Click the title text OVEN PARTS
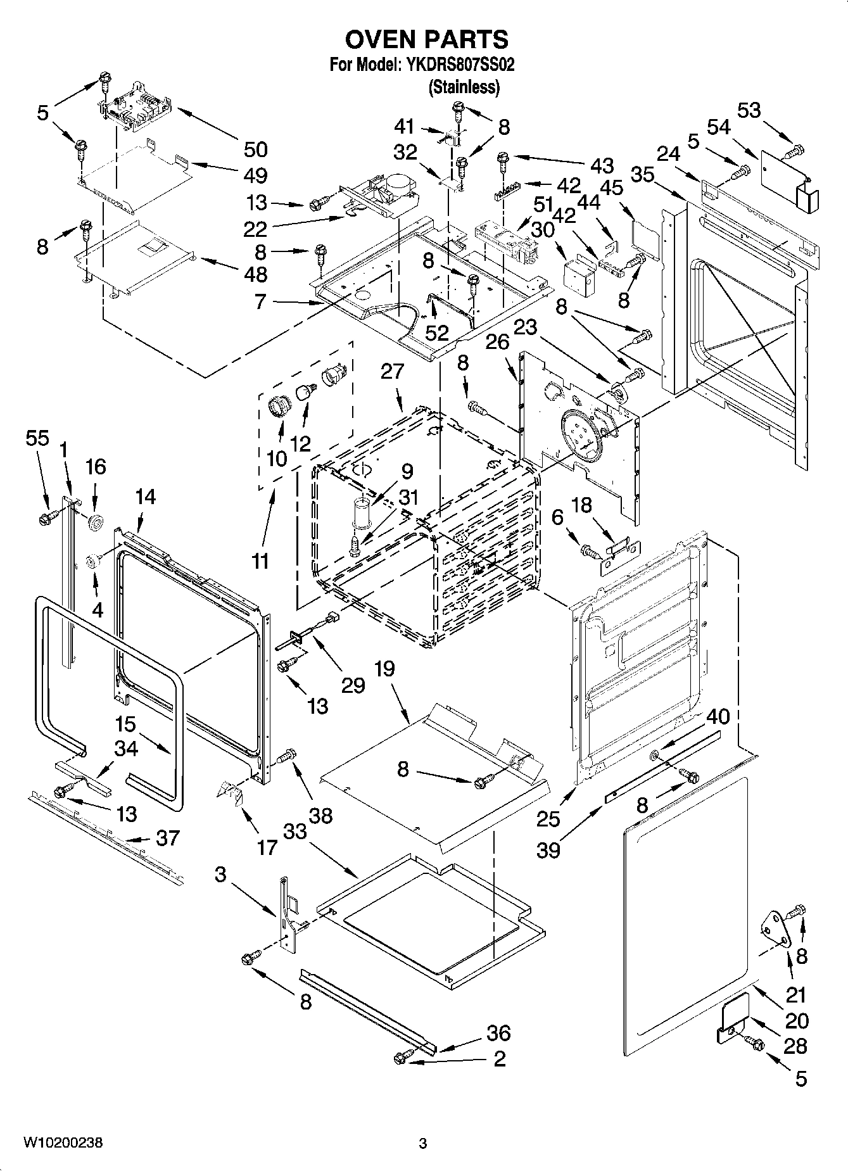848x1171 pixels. [426, 39]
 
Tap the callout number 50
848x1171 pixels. [255, 149]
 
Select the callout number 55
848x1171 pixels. [37, 438]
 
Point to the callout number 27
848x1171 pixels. [392, 371]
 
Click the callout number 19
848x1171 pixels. [384, 669]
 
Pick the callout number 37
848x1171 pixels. [167, 838]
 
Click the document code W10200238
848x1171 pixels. [63, 1143]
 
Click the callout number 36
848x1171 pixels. [498, 1033]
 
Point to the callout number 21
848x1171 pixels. [795, 995]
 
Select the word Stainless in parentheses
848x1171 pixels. [464, 87]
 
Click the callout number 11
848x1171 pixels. [260, 561]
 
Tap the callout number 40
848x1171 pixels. [718, 716]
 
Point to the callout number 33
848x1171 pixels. [294, 831]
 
